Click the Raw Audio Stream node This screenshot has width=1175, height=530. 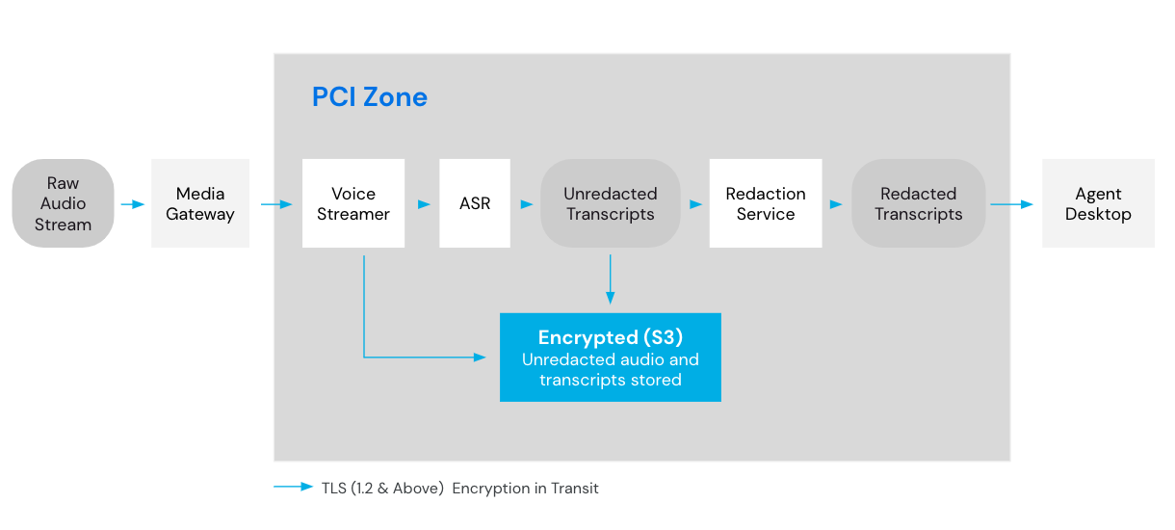click(x=63, y=203)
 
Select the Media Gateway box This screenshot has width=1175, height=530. click(x=200, y=203)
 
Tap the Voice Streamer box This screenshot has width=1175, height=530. click(x=352, y=203)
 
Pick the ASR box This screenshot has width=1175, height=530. click(x=475, y=203)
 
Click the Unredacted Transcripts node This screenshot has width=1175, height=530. click(x=611, y=203)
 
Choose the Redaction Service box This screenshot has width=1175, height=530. click(x=766, y=203)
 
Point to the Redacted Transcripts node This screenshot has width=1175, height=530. click(x=918, y=203)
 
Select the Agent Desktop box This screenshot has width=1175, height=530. click(x=1098, y=203)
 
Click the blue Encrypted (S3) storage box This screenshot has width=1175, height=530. click(x=611, y=358)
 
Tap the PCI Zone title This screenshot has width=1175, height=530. click(x=370, y=97)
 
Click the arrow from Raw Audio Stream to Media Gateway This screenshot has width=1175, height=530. click(x=133, y=204)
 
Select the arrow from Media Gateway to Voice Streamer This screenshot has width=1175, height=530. click(x=276, y=204)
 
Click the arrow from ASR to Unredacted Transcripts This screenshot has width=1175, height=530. click(x=527, y=204)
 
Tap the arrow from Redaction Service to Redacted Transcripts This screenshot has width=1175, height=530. click(x=836, y=204)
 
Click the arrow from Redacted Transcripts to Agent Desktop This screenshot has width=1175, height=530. click(x=1011, y=204)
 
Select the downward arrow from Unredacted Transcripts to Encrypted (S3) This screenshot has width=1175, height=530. click(x=610, y=279)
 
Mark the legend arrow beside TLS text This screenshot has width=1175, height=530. click(x=294, y=488)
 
